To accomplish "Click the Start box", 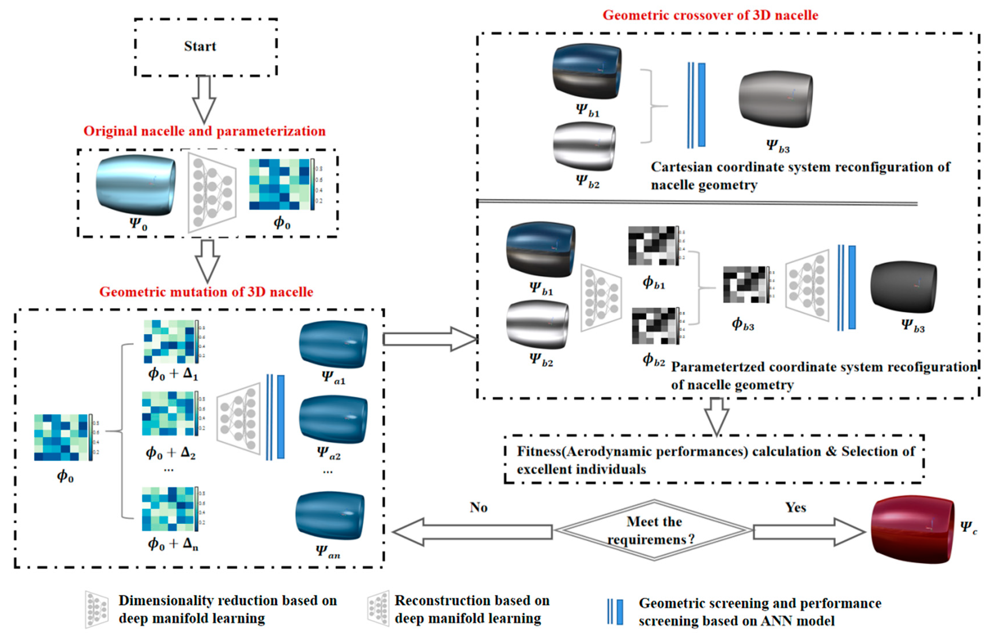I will click(x=205, y=47).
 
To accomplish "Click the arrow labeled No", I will click(x=472, y=532).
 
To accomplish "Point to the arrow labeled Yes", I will click(x=808, y=532).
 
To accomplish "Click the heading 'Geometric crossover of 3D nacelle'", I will click(x=710, y=15).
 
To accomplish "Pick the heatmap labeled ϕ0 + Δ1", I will click(x=169, y=341).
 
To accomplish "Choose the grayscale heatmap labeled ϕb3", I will click(x=745, y=285).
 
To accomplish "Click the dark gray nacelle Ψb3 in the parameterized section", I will click(x=903, y=287).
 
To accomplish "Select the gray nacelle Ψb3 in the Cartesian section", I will click(x=775, y=99).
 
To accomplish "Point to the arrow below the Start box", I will click(x=204, y=99).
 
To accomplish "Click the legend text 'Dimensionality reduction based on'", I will click(x=228, y=601).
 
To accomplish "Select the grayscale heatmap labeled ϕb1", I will click(x=651, y=245).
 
